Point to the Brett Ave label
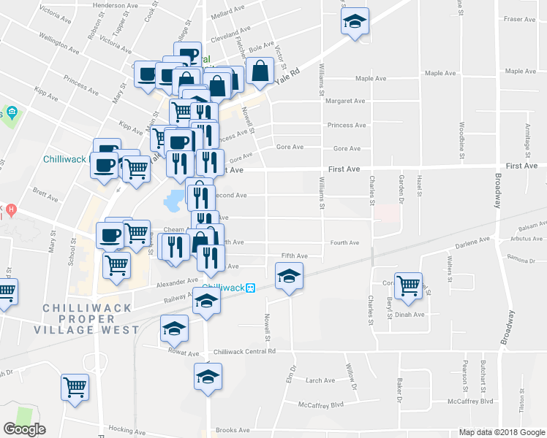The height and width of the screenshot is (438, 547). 45,195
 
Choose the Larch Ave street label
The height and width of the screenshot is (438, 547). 320,380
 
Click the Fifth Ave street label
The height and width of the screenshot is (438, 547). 295,256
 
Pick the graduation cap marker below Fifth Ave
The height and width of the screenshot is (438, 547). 289,276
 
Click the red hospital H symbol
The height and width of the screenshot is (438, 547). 11,210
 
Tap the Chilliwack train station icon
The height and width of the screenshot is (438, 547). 250,288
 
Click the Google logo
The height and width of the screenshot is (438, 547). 25,429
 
